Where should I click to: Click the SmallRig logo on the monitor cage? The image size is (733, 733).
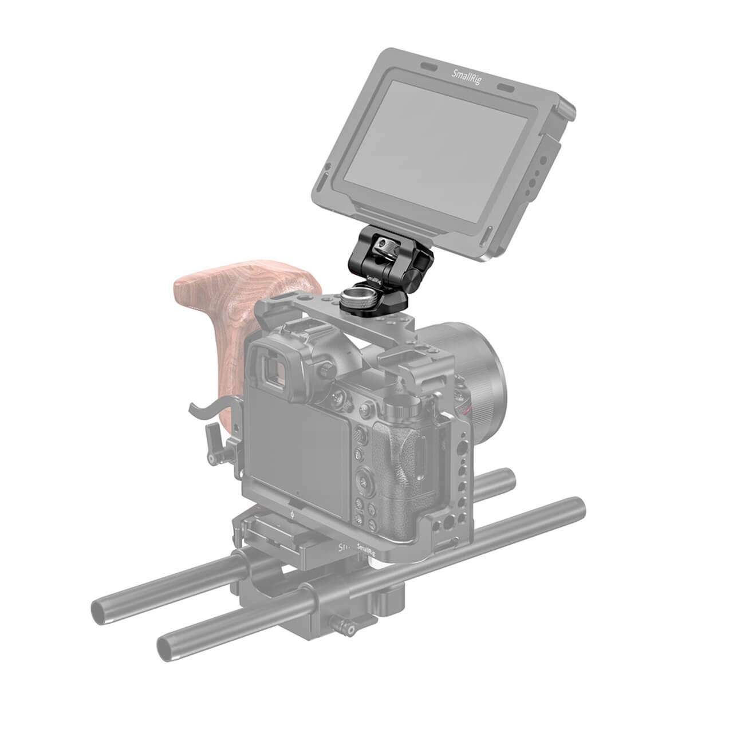click(467, 77)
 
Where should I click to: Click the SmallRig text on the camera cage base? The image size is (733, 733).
click(368, 548)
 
